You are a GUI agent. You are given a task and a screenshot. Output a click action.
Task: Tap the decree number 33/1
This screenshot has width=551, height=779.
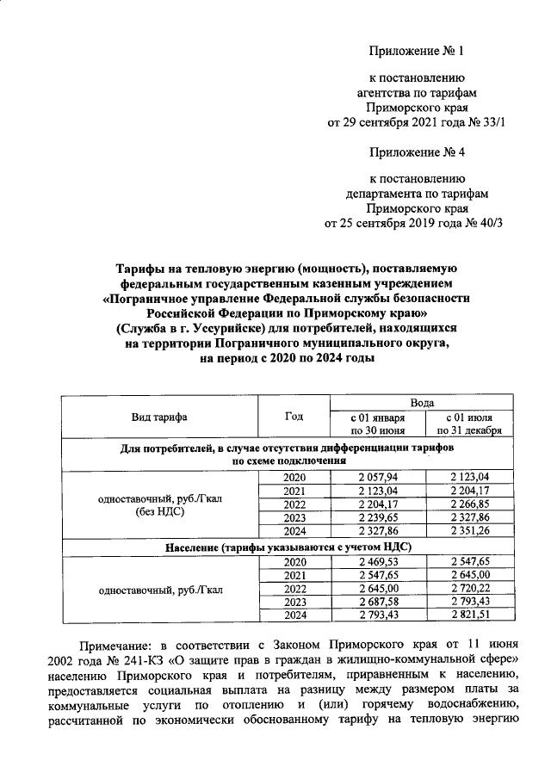tap(492, 123)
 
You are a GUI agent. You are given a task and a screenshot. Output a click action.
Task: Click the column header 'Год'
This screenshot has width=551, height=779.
tap(294, 417)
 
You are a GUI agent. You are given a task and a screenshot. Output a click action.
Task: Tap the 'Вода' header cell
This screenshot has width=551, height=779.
tap(422, 402)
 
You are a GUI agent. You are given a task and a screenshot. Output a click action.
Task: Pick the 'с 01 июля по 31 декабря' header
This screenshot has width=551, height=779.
tap(469, 424)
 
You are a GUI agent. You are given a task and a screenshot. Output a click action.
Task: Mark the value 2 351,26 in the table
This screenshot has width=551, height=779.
tap(469, 530)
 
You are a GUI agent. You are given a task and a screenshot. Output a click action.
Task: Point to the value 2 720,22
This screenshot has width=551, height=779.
tap(469, 588)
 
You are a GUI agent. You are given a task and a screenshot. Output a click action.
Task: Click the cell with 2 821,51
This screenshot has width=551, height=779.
tap(469, 615)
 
